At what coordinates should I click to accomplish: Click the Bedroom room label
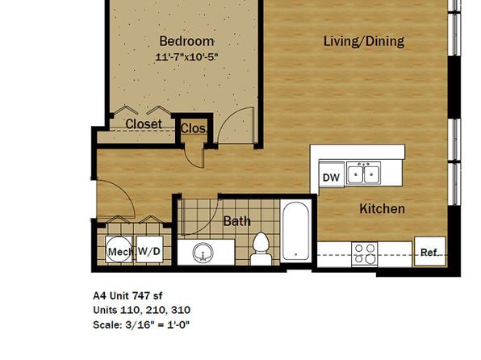186,41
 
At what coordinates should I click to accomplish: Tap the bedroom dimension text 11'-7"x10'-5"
186,57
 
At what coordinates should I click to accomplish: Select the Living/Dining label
364,41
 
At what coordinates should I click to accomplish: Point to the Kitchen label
382,209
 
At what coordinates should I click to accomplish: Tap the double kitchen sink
363,174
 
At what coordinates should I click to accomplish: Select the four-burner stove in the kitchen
365,253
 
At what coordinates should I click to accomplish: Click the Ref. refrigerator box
430,251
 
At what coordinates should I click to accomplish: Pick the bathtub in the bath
295,231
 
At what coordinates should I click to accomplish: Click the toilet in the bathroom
261,249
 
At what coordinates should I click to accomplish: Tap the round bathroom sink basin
203,253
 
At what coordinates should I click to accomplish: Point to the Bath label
236,221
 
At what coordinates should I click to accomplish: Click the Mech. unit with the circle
119,249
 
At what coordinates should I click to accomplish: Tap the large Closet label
144,124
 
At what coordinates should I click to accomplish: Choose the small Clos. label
193,128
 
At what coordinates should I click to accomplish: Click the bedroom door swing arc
228,115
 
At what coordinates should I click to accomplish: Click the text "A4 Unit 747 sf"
128,296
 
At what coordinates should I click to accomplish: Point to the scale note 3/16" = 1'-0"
157,324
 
